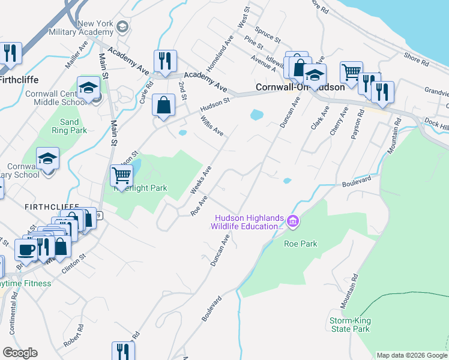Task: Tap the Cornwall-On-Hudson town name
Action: click(300, 87)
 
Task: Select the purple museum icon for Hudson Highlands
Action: click(293, 222)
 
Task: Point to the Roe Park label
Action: click(300, 244)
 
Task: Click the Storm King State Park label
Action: click(349, 325)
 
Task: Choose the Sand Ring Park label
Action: click(65, 126)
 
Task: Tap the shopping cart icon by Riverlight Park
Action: click(121, 176)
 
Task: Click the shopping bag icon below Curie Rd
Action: click(164, 105)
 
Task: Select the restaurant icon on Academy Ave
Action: click(164, 61)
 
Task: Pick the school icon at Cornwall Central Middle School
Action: click(88, 88)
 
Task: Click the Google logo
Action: click(20, 353)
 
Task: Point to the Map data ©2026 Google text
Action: click(412, 355)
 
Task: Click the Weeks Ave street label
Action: click(200, 181)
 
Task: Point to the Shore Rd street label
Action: click(416, 59)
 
